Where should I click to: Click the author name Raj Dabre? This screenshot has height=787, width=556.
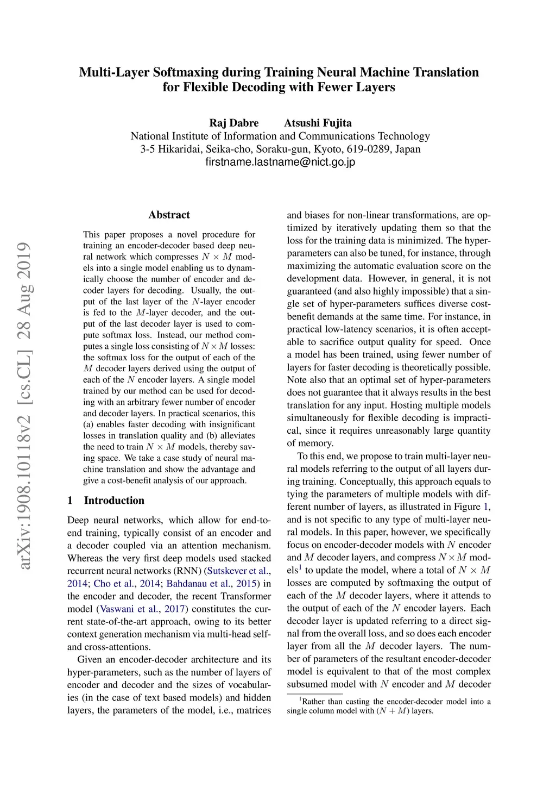point(234,123)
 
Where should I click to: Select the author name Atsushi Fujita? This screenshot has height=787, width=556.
point(318,123)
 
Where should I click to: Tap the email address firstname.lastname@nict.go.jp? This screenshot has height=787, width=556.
point(280,162)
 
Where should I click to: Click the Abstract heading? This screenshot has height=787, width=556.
point(169,215)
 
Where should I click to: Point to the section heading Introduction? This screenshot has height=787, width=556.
point(114,501)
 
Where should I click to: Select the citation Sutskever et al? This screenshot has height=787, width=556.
point(238,571)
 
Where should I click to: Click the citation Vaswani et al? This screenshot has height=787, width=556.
point(130,609)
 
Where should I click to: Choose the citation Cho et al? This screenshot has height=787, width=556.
point(113,584)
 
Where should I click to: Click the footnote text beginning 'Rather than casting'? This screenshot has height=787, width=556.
point(389,706)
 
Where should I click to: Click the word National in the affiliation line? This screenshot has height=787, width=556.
point(150,136)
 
